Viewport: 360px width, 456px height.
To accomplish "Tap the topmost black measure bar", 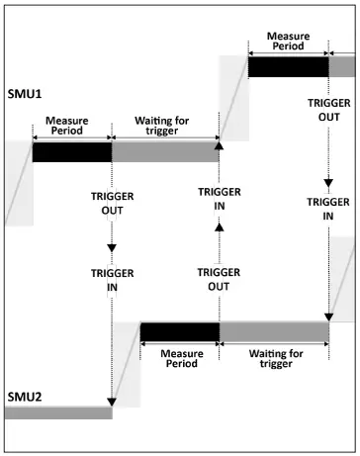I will coord(287,66).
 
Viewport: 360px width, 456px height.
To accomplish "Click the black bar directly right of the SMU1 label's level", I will coord(71,152).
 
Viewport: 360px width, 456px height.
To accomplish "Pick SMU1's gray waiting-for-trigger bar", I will coord(164,152).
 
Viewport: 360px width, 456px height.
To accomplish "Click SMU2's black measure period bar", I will coord(179,331).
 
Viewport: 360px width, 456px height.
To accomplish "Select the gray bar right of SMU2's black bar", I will coord(273,331).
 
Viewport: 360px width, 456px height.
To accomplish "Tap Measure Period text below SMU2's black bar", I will coord(179,356).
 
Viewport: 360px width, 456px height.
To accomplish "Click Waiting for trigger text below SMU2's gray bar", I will coord(273,356).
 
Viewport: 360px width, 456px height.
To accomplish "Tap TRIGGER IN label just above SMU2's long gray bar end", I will coord(327,209).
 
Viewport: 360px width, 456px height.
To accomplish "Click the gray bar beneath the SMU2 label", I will coord(57,412).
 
